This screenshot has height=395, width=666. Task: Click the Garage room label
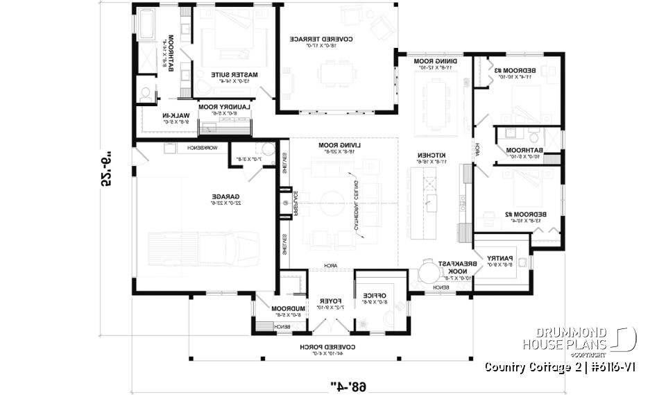pos(226,197)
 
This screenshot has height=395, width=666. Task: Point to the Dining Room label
pos(435,61)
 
